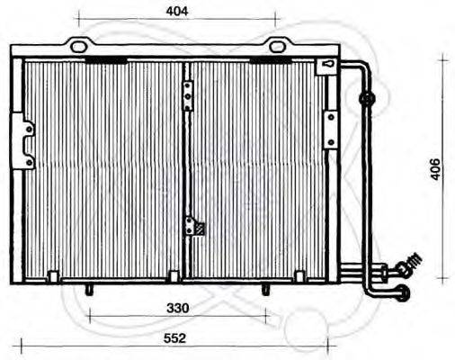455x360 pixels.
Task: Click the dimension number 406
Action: [x=434, y=168]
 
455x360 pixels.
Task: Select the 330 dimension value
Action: [x=178, y=308]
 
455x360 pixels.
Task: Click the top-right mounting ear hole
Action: [x=275, y=45]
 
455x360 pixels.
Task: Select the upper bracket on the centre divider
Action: [x=188, y=93]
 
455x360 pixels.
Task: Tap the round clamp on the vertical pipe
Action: [x=367, y=97]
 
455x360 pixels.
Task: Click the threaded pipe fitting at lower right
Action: [x=409, y=264]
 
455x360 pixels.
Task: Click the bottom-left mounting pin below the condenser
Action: [x=90, y=289]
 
